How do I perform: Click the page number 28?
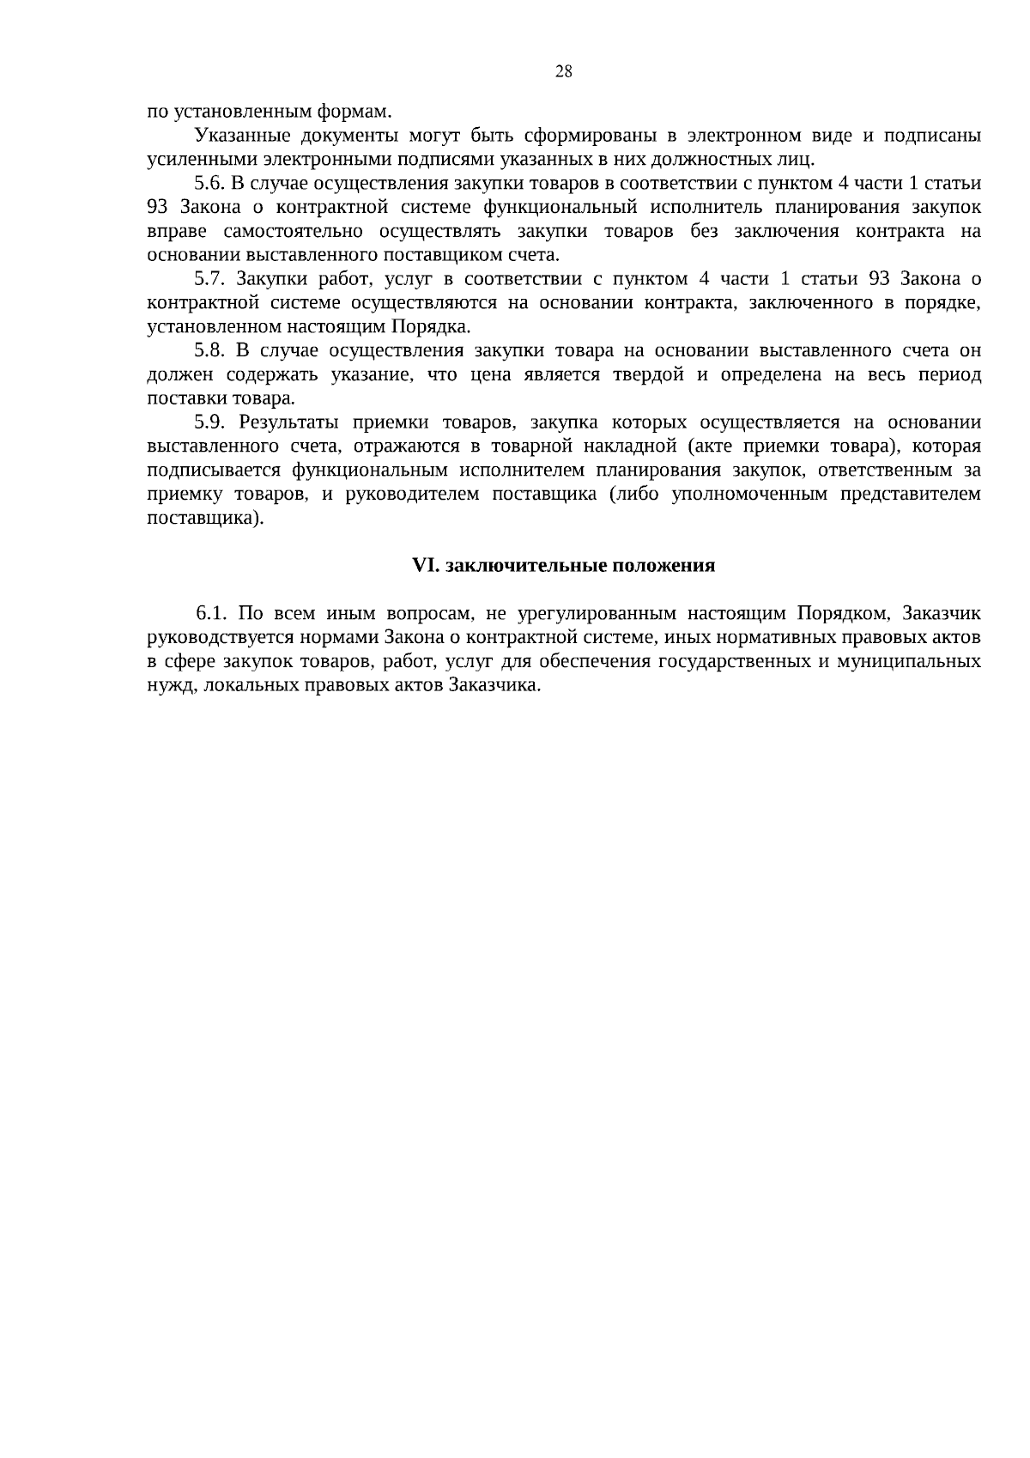564,72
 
